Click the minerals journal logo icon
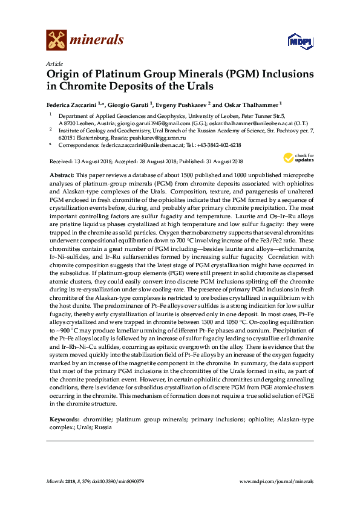click(x=56, y=40)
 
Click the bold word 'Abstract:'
click(x=61, y=173)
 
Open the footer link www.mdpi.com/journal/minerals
click(x=277, y=482)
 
